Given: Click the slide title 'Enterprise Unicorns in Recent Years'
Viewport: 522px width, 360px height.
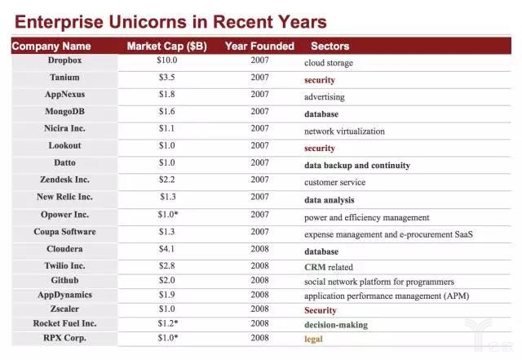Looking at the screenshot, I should tap(170, 22).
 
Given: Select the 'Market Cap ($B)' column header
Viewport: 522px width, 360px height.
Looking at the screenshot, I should tap(166, 46).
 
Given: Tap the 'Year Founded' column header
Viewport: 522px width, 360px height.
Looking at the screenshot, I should tap(259, 46).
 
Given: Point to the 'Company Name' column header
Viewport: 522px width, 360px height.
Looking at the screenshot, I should tap(51, 47).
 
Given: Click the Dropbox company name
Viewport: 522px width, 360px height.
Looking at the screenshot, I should tap(64, 60).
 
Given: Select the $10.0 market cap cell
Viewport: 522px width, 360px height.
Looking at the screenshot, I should tap(166, 60).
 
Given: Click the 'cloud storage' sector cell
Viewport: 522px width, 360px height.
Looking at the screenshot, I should tap(329, 63).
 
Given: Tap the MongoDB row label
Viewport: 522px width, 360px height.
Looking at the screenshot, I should tap(64, 112).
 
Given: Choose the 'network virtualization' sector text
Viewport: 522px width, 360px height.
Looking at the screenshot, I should tap(344, 131).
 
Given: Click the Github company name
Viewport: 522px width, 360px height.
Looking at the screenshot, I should tap(64, 280).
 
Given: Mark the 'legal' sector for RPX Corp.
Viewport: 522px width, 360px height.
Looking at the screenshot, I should tap(314, 338).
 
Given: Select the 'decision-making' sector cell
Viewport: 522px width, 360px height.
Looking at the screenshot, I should tap(336, 324).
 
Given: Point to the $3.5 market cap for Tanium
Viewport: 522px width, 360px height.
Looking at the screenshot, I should tap(166, 78).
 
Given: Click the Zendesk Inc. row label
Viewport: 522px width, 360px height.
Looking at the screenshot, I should tap(64, 180).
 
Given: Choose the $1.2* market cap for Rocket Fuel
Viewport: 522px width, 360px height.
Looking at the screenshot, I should tap(168, 323).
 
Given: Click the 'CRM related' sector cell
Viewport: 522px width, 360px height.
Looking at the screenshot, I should tap(330, 267).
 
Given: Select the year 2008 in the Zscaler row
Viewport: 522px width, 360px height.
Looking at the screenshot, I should tap(259, 309).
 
